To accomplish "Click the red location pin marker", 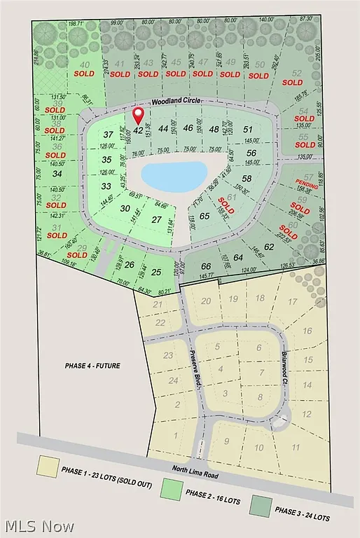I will tap(138, 115).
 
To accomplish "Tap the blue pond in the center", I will tap(174, 174).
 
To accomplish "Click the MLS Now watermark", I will tap(34, 525).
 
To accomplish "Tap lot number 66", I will tap(206, 266).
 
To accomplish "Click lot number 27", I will tap(157, 219).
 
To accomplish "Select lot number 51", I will tap(247, 129).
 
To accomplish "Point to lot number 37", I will tap(107, 134).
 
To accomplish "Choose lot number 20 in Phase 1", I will tap(206, 301).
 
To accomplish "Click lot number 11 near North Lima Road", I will tap(296, 447).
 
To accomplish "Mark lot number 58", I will tap(247, 179).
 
